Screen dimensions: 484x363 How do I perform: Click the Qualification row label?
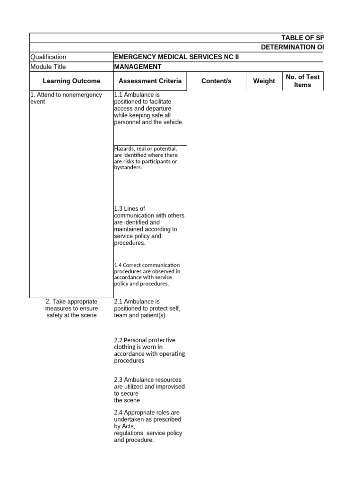[49, 57]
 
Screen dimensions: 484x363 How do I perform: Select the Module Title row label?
[48, 67]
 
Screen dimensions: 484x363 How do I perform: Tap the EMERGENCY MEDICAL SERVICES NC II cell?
[176, 57]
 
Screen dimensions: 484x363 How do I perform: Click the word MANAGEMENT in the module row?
[138, 67]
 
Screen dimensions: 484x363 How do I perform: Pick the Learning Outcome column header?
[71, 81]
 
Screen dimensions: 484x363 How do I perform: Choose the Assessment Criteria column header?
[150, 81]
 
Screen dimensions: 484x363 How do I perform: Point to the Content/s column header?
[216, 81]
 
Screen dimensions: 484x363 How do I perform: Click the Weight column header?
[264, 81]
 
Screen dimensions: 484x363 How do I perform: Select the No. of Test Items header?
[302, 81]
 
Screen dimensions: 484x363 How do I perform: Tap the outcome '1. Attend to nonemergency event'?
[66, 98]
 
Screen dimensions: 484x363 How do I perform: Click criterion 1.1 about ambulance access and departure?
[148, 108]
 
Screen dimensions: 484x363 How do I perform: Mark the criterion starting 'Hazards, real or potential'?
[146, 158]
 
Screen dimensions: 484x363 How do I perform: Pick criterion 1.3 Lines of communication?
[149, 226]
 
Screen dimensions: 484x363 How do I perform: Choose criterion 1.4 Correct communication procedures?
[147, 275]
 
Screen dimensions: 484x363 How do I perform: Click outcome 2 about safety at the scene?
[71, 308]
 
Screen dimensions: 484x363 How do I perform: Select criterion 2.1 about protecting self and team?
[147, 308]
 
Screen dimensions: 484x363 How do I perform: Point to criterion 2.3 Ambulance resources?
[149, 390]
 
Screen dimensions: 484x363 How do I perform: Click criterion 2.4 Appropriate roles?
[148, 426]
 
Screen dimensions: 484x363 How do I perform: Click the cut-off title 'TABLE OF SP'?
[302, 38]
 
